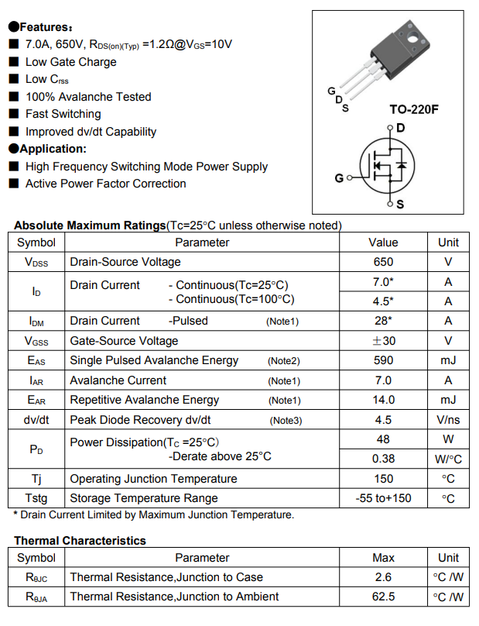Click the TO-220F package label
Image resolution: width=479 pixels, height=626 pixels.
coord(413,109)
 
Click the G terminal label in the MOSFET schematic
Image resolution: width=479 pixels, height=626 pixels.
coord(339,178)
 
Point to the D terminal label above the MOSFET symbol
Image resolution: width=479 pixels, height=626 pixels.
coord(400,128)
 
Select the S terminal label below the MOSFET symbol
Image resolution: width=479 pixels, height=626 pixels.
coord(400,205)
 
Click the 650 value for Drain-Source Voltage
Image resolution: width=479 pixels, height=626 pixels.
coord(383,262)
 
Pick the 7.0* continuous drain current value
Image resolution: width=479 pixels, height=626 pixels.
coord(383,282)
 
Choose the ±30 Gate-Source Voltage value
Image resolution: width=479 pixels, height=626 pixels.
coord(383,341)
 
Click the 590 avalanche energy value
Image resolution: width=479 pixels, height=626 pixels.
coord(383,360)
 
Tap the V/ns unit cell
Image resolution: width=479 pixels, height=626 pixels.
coord(448,420)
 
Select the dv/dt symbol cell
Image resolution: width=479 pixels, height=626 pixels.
coord(36,420)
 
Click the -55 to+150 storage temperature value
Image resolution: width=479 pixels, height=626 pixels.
coord(383,498)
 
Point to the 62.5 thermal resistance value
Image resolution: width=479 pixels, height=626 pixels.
coord(383,597)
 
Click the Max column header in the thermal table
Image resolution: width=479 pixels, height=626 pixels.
coord(383,558)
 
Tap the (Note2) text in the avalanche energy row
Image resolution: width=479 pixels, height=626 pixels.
coord(283,361)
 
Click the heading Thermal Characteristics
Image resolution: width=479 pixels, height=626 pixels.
coord(80,541)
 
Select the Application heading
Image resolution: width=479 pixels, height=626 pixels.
coord(53,149)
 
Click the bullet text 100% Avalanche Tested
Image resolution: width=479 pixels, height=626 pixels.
coord(88,97)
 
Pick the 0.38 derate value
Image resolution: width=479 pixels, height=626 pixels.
coord(383,459)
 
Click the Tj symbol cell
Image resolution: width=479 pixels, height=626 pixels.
coord(36,479)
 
